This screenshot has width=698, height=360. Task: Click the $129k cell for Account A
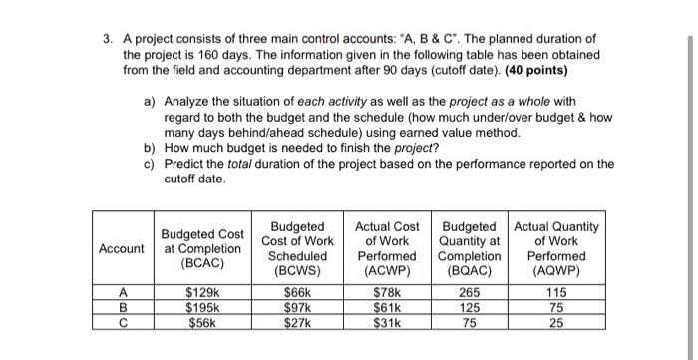pyautogui.click(x=203, y=292)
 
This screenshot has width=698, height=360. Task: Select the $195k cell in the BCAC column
pyautogui.click(x=203, y=307)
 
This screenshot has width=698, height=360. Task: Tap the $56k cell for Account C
pyautogui.click(x=203, y=322)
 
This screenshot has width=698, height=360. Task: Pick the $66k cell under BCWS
pyautogui.click(x=298, y=292)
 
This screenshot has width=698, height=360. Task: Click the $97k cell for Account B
pyautogui.click(x=298, y=307)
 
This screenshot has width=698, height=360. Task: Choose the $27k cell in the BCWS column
pyautogui.click(x=298, y=322)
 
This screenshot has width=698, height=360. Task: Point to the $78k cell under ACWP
pyautogui.click(x=385, y=292)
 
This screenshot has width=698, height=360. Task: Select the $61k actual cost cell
pyautogui.click(x=385, y=307)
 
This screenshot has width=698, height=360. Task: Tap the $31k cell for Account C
pyautogui.click(x=385, y=322)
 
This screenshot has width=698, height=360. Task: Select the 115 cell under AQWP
pyautogui.click(x=556, y=292)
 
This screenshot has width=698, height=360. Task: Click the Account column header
pyautogui.click(x=121, y=248)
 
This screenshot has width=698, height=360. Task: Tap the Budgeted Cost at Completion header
pyautogui.click(x=201, y=248)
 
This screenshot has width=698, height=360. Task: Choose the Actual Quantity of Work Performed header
pyautogui.click(x=556, y=248)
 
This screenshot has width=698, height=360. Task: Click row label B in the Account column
pyautogui.click(x=121, y=307)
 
